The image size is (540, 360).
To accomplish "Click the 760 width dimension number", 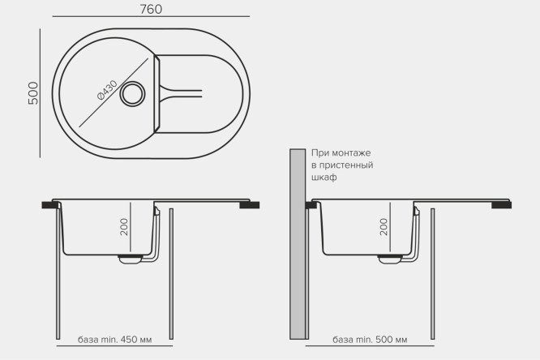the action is [x=151, y=9].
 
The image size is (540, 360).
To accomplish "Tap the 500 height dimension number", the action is [x=33, y=93].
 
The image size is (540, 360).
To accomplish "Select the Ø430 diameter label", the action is [x=107, y=90].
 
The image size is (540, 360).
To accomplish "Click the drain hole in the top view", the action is [x=132, y=94].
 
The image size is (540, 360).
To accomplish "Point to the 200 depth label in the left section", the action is [x=124, y=227].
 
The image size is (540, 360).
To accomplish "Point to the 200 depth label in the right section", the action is [x=384, y=227].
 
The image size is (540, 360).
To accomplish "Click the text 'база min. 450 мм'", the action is [x=114, y=340].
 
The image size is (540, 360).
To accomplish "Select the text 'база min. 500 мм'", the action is [x=370, y=340].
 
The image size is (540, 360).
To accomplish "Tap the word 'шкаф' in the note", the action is [x=324, y=177].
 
